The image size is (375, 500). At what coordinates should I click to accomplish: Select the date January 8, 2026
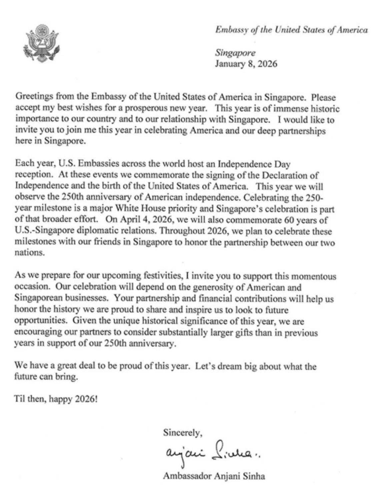246,64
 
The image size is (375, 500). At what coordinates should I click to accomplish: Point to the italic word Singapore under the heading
235,53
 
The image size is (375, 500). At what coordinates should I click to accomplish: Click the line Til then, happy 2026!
56,399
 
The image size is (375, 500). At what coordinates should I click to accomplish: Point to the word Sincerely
182,433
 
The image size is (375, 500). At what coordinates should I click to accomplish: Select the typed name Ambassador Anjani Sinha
214,476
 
